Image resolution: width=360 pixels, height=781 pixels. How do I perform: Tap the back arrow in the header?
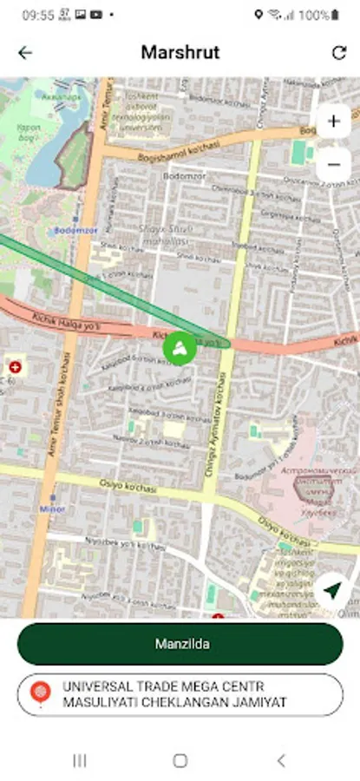(25, 53)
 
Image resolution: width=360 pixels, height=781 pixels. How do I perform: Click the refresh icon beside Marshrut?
(338, 53)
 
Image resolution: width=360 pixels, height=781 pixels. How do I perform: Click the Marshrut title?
(180, 53)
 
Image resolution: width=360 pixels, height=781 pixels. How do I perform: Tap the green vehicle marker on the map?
(179, 349)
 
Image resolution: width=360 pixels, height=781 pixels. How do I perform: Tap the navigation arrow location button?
(331, 590)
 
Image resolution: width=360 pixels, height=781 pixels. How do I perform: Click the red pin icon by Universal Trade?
(40, 694)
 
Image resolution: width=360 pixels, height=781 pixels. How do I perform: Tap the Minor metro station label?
(51, 509)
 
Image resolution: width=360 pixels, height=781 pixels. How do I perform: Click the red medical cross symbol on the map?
(15, 368)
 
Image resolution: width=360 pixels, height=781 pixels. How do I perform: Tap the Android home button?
(180, 760)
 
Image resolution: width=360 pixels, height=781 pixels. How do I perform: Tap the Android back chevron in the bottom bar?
(280, 760)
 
